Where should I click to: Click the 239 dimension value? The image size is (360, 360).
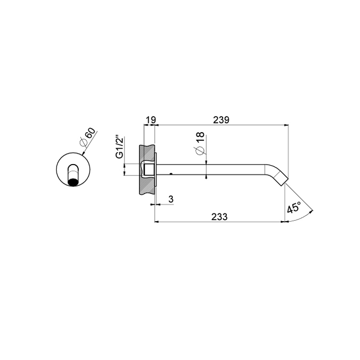pyautogui.click(x=221, y=120)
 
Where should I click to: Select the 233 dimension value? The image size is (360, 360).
pyautogui.click(x=219, y=217)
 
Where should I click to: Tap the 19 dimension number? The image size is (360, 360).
pyautogui.click(x=151, y=120)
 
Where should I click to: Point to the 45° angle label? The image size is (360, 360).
pyautogui.click(x=294, y=208)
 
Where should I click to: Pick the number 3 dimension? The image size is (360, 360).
pyautogui.click(x=171, y=199)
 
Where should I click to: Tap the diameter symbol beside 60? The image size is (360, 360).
pyautogui.click(x=83, y=143)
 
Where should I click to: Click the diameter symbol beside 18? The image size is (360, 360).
pyautogui.click(x=200, y=150)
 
